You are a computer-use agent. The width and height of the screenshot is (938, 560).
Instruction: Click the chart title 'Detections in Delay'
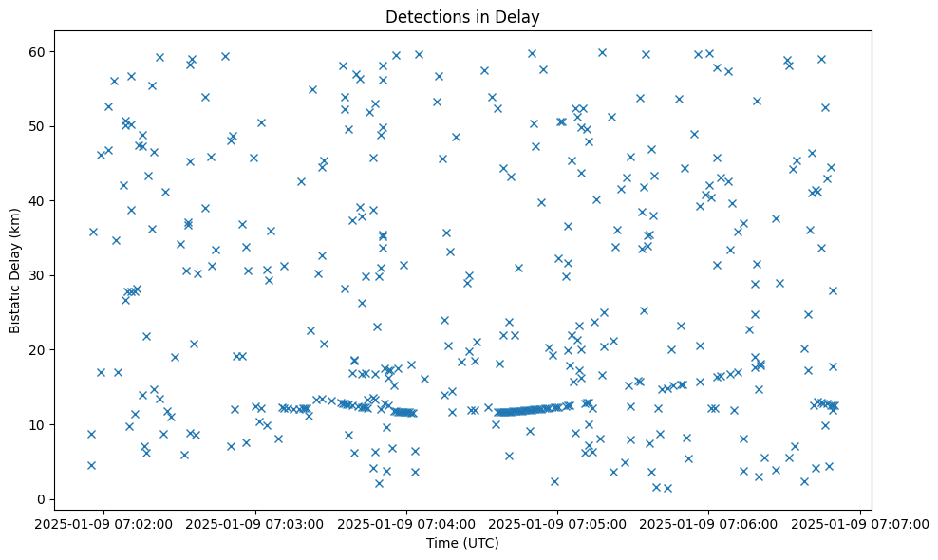point(461,16)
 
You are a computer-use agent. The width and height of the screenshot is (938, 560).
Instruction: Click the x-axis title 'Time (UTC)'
point(461,543)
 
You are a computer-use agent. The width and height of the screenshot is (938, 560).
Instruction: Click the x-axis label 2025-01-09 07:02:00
point(104,523)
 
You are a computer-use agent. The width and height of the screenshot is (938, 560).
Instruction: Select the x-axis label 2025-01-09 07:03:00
point(255,523)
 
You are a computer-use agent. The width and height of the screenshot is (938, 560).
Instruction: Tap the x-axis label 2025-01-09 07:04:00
point(406,523)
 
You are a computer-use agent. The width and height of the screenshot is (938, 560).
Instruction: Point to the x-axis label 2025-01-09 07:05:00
point(557,523)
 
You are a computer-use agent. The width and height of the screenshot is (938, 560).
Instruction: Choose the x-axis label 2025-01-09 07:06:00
point(708,523)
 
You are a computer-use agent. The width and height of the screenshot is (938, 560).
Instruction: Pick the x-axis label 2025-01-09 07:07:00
point(859,523)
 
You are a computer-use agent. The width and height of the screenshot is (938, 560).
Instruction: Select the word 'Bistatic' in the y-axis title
point(15,307)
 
